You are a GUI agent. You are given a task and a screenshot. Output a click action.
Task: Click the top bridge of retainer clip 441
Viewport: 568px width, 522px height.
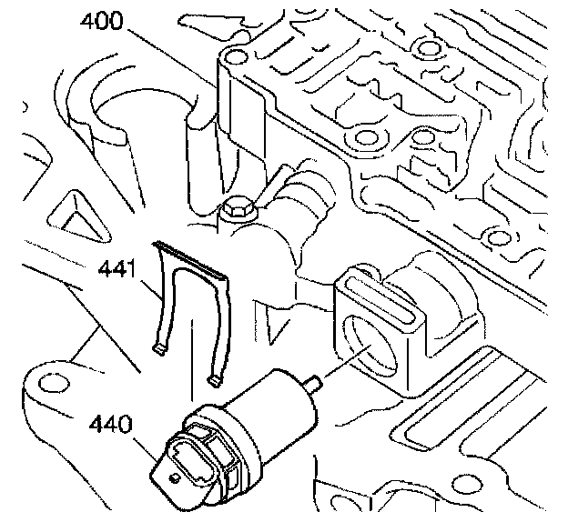coord(192,258)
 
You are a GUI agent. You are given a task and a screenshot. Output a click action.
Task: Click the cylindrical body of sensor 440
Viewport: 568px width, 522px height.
coord(272,400)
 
